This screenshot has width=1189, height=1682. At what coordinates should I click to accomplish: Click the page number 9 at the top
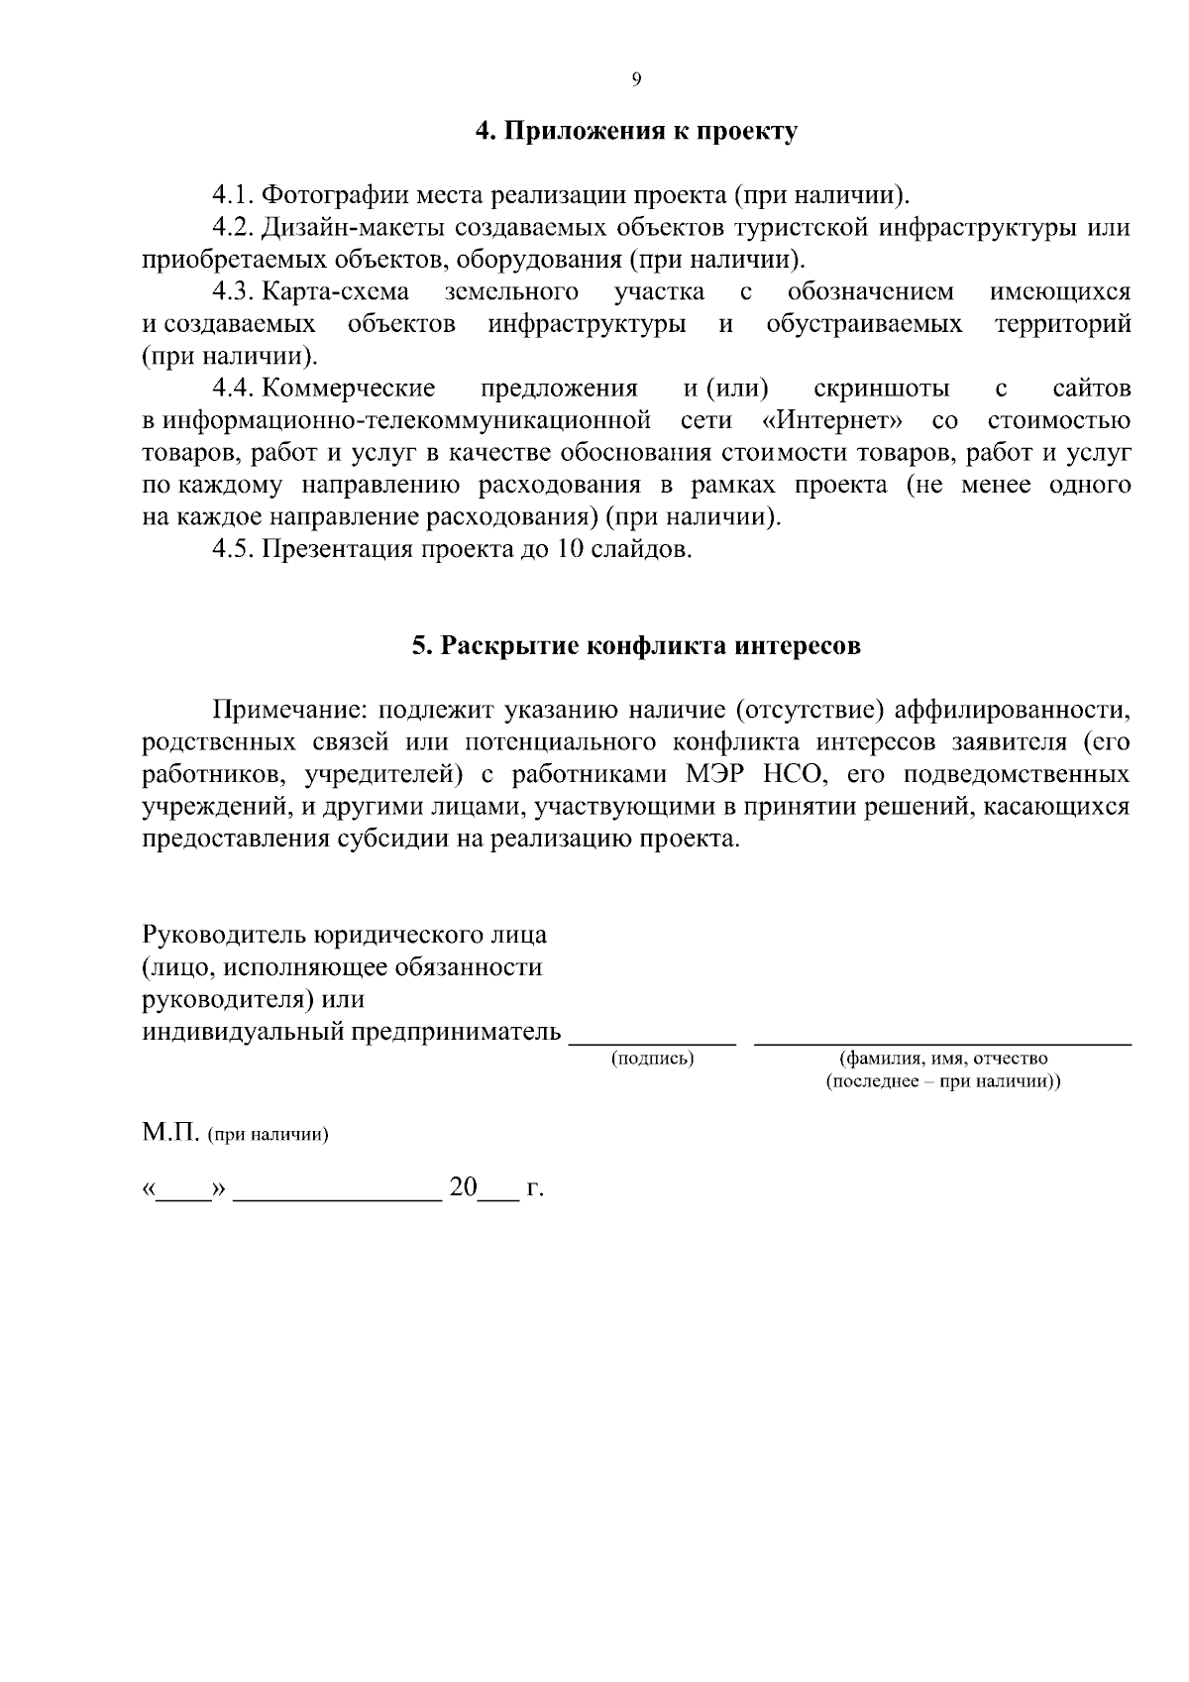click(x=635, y=80)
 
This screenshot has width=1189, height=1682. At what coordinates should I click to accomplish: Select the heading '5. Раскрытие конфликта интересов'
click(x=636, y=646)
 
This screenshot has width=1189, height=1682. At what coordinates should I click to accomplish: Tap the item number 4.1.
click(x=235, y=195)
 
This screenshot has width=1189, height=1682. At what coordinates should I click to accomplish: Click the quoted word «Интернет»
click(x=831, y=420)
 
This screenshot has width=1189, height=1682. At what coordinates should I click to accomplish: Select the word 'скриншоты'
click(x=881, y=389)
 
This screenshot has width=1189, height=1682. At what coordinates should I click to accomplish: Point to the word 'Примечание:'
click(x=289, y=710)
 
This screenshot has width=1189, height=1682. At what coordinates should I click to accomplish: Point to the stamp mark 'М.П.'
click(x=170, y=1133)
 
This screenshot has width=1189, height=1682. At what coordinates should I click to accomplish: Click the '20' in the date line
click(x=463, y=1187)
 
